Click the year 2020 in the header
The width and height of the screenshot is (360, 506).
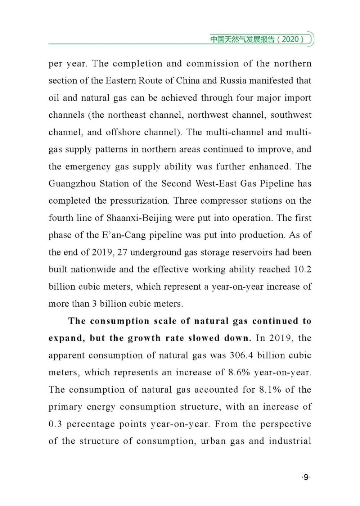click(x=290, y=39)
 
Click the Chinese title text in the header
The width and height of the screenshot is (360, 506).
click(x=242, y=39)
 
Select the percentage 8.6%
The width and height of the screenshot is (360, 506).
click(x=239, y=372)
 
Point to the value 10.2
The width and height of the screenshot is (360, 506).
click(x=302, y=269)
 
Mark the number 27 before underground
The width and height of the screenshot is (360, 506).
click(x=122, y=252)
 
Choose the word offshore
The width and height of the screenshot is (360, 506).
click(x=123, y=132)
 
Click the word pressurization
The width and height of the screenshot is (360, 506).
click(x=139, y=201)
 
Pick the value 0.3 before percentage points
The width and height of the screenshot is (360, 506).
click(x=55, y=424)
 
